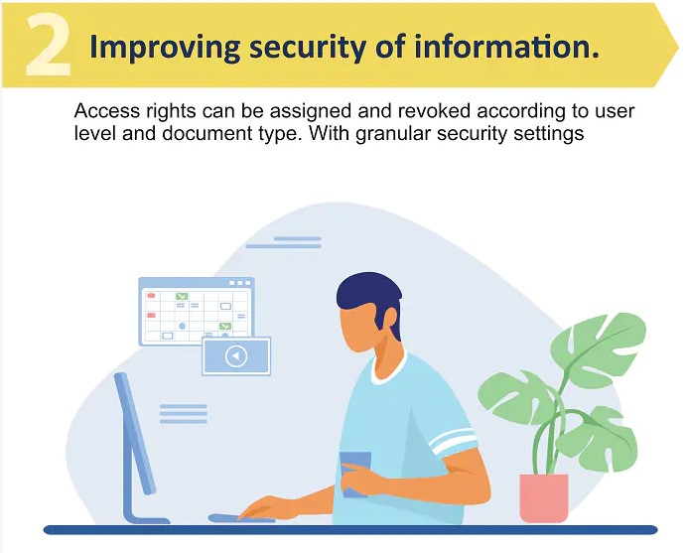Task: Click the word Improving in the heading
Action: tap(165, 48)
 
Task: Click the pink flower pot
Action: tap(544, 497)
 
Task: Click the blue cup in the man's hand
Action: tap(355, 475)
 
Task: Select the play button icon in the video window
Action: tap(236, 355)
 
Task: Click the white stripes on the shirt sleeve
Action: tap(454, 440)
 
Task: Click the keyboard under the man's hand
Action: tap(241, 519)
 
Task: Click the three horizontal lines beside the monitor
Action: tap(183, 414)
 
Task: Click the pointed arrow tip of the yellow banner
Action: tap(678, 45)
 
